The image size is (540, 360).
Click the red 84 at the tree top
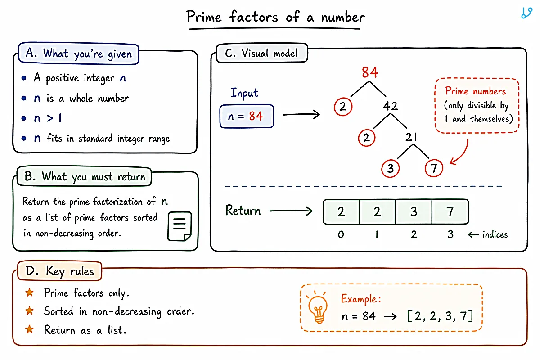370,72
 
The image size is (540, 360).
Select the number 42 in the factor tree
391,106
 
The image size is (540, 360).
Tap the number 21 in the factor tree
411,137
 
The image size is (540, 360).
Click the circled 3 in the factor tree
390,168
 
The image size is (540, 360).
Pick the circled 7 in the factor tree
434,168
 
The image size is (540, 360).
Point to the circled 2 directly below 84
343,107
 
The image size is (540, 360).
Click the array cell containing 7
450,211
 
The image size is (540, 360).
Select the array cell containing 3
414,211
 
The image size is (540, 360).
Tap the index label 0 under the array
341,234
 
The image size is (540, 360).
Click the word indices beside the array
495,234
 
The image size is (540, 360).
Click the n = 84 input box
247,116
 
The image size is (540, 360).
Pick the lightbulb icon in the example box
318,308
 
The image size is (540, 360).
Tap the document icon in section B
180,226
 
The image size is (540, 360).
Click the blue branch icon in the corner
527,13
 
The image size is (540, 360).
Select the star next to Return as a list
29,329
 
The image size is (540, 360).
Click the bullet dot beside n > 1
23,118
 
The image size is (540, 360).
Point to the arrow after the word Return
291,211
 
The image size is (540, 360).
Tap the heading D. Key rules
59,271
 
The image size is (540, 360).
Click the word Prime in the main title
204,17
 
